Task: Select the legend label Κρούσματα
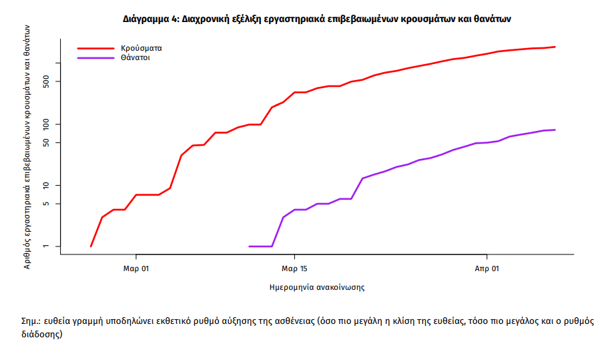141,48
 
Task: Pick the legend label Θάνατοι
135,58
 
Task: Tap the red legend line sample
95,48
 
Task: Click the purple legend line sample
95,58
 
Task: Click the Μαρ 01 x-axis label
136,269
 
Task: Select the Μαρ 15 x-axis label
294,269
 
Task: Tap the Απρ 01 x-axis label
487,269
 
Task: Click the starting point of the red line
91,246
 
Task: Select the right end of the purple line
555,130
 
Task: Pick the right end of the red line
555,47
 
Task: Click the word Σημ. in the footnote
31,321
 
